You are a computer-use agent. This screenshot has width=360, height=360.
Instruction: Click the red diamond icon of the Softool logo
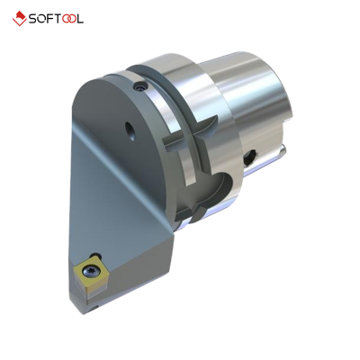[19, 18]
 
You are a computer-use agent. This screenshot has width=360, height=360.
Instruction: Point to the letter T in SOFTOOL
[67, 18]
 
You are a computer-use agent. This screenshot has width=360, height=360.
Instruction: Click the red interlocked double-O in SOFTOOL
[84, 18]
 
